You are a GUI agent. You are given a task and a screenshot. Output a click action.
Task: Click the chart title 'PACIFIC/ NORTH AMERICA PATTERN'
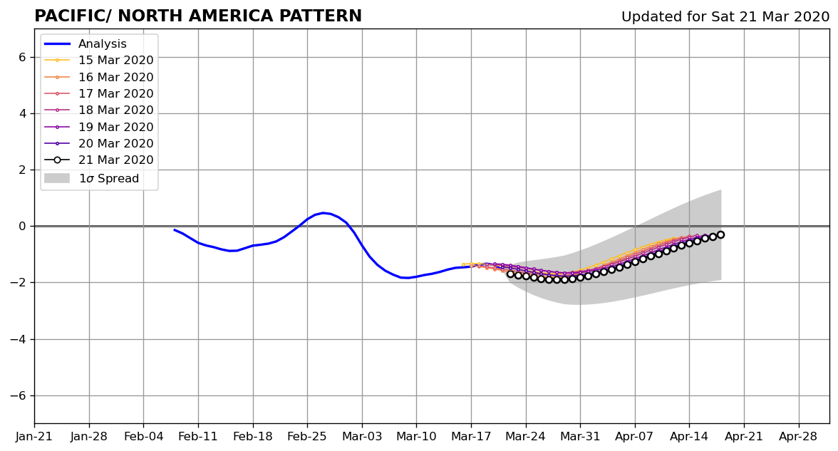point(198,16)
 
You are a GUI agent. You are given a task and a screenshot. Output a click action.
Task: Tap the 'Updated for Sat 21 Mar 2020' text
point(725,16)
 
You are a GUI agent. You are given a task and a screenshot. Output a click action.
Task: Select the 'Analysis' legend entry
point(102,44)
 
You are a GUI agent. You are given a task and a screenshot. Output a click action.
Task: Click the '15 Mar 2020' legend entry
point(115,61)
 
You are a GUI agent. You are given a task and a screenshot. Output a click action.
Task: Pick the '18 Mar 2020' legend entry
point(115,110)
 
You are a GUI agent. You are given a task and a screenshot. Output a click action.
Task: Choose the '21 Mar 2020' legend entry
point(115,160)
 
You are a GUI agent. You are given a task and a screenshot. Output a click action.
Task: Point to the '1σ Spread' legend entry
point(108,178)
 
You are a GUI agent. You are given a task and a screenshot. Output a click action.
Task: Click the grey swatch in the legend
point(57,178)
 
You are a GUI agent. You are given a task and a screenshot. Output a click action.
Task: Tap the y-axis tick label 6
point(22,57)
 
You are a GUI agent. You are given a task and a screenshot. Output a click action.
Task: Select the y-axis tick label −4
point(19,339)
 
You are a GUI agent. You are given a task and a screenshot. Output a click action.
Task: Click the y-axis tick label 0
point(22,227)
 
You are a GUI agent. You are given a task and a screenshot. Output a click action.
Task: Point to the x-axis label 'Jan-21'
point(34,437)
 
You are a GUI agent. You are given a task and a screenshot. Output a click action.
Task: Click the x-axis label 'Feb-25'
point(306,437)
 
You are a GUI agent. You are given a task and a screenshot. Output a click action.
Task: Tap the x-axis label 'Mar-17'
point(471,437)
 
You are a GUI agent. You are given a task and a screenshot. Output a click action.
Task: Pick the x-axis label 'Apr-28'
point(798,437)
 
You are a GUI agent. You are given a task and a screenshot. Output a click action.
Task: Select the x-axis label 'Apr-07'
point(634,437)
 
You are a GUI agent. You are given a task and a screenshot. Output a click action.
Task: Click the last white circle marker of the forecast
point(720,234)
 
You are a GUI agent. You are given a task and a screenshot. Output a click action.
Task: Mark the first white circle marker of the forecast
point(510,274)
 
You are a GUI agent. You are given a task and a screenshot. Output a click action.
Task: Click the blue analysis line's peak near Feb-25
point(324,212)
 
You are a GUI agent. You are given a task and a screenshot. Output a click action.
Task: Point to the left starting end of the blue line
point(174,229)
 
